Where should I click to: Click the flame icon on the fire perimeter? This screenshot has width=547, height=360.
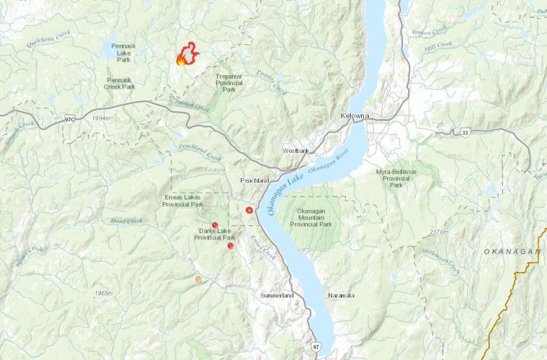(x=182, y=60)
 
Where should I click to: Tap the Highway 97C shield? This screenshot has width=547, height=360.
(x=69, y=119)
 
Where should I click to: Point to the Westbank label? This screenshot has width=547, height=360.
(x=296, y=151)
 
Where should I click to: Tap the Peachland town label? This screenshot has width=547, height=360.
(x=255, y=180)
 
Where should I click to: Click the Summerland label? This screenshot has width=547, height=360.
(x=277, y=296)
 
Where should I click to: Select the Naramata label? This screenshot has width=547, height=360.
(x=341, y=296)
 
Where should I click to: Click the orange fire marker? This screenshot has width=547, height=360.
(x=198, y=279)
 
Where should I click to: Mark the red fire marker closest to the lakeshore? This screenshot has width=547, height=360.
(x=249, y=210)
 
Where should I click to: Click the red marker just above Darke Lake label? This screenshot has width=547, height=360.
(x=215, y=225)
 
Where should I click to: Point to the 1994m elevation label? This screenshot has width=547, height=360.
(x=101, y=119)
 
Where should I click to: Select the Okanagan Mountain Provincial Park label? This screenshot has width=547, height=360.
(x=314, y=217)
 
